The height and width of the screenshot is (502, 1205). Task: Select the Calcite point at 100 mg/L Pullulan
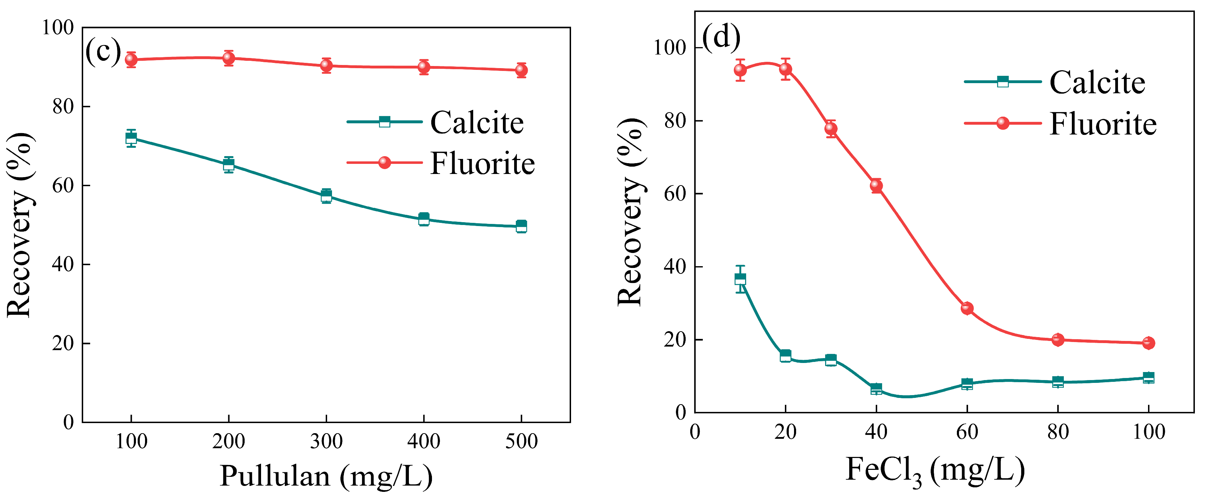click(x=131, y=138)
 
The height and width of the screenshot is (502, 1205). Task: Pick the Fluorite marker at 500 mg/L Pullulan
click(x=521, y=70)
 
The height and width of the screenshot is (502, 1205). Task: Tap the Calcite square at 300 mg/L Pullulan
click(x=326, y=196)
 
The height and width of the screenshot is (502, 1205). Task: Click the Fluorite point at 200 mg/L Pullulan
click(x=228, y=58)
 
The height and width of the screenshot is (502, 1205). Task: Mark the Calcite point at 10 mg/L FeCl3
click(x=740, y=279)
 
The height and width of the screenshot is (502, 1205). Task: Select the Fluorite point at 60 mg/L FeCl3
click(x=967, y=308)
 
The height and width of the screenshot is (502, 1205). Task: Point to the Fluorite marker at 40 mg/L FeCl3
click(x=876, y=185)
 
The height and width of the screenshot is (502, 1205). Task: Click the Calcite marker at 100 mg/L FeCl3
click(x=1148, y=378)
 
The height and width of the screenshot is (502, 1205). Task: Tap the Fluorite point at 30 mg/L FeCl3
click(x=831, y=129)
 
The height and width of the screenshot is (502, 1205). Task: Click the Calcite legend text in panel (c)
click(x=477, y=123)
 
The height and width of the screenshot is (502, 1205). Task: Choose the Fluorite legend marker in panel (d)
click(x=1002, y=123)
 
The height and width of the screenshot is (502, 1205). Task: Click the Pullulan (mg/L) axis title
click(x=326, y=476)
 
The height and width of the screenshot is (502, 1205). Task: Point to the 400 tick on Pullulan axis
click(x=423, y=441)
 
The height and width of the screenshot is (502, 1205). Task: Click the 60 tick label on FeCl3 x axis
click(x=967, y=432)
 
